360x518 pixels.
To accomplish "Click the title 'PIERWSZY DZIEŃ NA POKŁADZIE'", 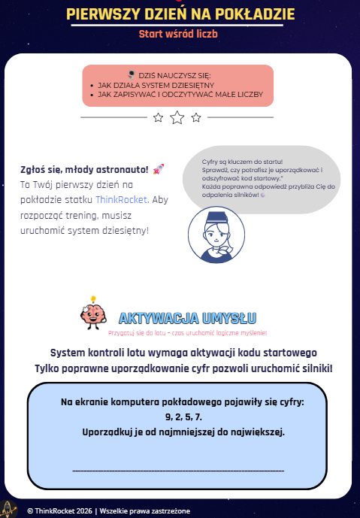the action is (x=180, y=14).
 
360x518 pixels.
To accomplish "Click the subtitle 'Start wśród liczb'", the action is (x=180, y=34).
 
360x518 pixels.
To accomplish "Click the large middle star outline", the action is (x=177, y=117).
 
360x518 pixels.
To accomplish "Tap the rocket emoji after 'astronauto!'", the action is (x=159, y=170).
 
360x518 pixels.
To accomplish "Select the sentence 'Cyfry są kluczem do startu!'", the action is (x=230, y=161).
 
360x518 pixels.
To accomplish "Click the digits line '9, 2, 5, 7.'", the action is (x=183, y=417).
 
